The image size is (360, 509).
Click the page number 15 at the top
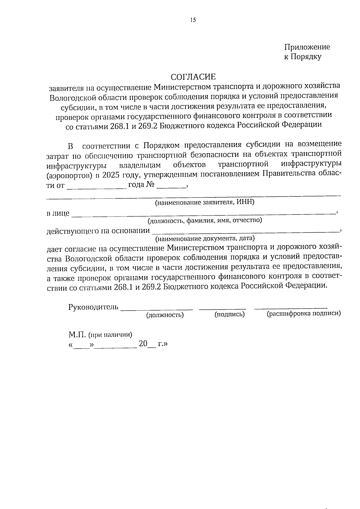[x=193, y=20]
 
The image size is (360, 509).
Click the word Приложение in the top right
[x=307, y=47]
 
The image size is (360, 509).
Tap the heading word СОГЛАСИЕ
[x=193, y=77]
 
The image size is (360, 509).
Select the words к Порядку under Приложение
[x=303, y=57]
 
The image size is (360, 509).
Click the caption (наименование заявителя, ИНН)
[x=204, y=202]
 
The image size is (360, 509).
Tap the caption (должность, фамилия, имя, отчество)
[x=204, y=221]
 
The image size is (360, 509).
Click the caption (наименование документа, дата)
[x=205, y=239]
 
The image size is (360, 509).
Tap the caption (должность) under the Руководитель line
[x=165, y=315]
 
